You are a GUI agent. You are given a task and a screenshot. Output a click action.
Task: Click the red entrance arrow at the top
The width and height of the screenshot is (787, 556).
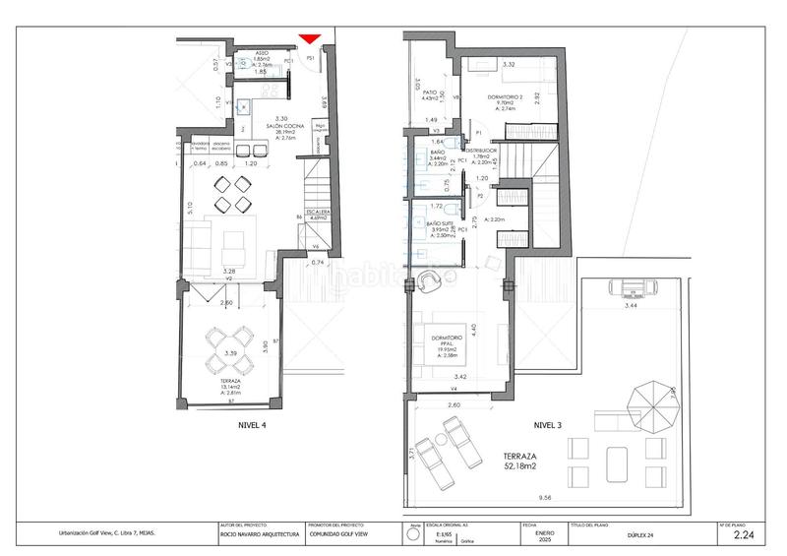pos(310,39)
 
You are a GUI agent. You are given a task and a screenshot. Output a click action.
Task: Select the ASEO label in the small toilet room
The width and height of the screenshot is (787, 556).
pos(262,53)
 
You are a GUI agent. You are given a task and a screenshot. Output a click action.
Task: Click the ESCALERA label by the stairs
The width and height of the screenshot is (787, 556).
pos(317,213)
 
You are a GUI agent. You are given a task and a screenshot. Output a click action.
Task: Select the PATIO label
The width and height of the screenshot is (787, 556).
pos(429,92)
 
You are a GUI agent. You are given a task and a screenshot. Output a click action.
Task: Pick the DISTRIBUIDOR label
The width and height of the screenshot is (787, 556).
pos(488,152)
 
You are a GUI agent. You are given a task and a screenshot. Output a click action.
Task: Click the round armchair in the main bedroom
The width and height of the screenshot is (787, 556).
pos(430,282)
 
